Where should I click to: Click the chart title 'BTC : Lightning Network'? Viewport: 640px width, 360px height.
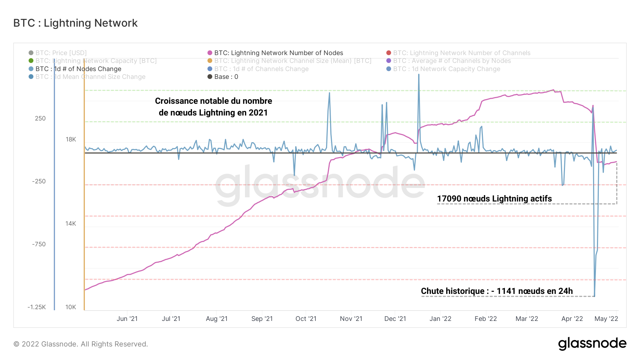(x=75, y=23)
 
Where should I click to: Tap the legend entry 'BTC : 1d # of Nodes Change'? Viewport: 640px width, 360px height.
(x=78, y=69)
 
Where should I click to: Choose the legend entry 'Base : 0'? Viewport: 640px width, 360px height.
(x=226, y=77)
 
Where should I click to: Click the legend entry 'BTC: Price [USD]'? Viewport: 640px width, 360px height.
(x=61, y=53)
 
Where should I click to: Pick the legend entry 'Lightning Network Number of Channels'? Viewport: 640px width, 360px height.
(x=462, y=53)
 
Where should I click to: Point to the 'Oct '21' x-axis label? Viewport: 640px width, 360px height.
(x=306, y=319)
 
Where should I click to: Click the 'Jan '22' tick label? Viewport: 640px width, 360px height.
(x=440, y=319)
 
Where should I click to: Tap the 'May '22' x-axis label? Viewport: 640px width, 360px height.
(x=606, y=319)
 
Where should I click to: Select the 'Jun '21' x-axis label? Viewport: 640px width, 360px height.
(x=127, y=319)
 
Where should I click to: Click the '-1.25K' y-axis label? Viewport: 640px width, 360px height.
(x=37, y=307)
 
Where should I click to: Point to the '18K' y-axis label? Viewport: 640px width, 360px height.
(x=71, y=139)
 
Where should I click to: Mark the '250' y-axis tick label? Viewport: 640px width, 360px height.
(x=40, y=118)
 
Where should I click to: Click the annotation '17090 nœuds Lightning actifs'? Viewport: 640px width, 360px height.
(x=494, y=199)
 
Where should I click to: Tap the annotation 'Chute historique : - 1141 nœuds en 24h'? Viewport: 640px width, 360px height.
(x=497, y=291)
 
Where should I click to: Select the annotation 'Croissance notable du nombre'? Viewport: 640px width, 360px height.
(x=213, y=101)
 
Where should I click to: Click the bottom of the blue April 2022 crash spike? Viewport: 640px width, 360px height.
(x=594, y=296)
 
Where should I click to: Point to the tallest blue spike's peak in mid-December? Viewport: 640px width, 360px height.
(x=419, y=75)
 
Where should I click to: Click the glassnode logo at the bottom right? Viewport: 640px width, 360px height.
(x=592, y=344)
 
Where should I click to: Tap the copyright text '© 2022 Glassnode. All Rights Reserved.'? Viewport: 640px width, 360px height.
(x=81, y=344)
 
